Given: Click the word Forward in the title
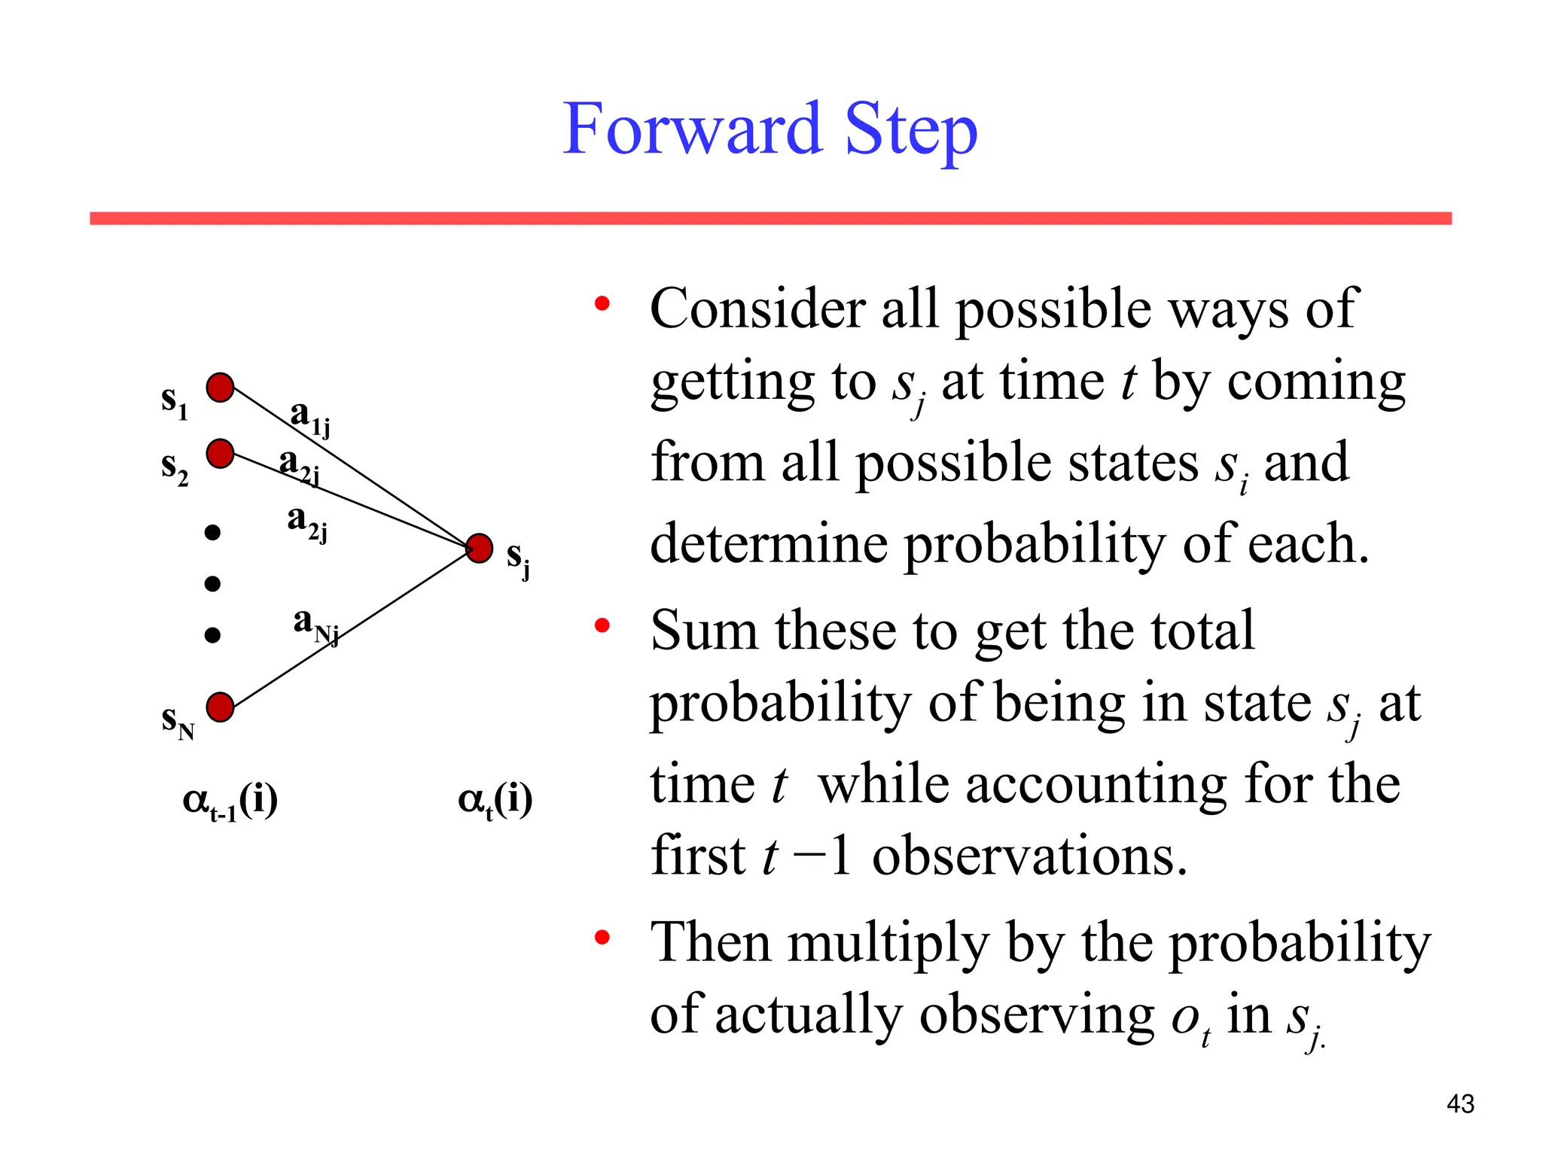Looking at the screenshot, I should click(691, 129).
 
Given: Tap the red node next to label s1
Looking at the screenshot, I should click(220, 388).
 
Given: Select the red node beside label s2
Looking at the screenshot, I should click(220, 454).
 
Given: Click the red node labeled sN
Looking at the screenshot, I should click(220, 707).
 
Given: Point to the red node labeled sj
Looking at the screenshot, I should click(480, 548).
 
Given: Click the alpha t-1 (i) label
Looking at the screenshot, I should click(230, 801).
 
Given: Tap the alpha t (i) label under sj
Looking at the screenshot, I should click(495, 801).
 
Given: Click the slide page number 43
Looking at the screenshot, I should click(1460, 1104).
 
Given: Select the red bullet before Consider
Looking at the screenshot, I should click(601, 304).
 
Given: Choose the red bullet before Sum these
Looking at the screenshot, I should click(601, 625).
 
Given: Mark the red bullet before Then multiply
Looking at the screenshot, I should click(601, 938).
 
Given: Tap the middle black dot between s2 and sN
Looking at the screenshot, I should click(212, 583).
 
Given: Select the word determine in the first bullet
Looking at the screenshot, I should click(768, 543).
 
